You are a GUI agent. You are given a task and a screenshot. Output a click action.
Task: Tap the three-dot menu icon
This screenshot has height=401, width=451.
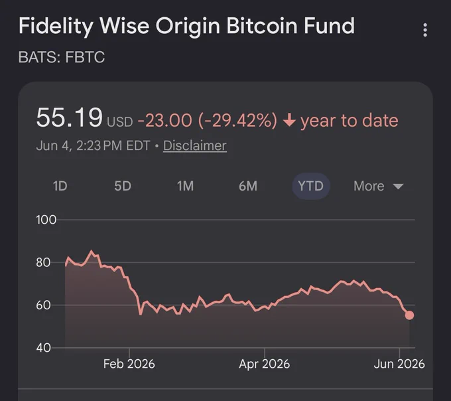(x=425, y=30)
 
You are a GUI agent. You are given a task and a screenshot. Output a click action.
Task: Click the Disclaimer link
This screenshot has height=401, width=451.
(x=195, y=145)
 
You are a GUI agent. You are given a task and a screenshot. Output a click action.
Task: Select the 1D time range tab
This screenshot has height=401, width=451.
(x=60, y=186)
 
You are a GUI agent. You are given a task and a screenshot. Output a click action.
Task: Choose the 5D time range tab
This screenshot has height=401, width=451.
(x=123, y=186)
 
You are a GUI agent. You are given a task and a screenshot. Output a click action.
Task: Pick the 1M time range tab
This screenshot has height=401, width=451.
(x=185, y=186)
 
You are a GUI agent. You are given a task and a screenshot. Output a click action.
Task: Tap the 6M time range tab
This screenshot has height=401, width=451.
(x=248, y=186)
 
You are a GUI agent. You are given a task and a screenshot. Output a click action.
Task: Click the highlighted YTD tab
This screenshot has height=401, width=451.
(x=311, y=186)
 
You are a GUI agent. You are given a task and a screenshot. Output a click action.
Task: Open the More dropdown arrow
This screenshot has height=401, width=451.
(x=398, y=187)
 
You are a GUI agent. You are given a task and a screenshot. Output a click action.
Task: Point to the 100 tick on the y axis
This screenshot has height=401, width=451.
(x=46, y=220)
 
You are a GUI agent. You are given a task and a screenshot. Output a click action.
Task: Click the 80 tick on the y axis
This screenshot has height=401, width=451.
(x=43, y=262)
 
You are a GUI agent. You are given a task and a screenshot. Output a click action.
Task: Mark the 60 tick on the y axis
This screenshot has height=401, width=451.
(x=43, y=305)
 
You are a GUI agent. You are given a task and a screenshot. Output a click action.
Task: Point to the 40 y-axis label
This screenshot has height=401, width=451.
(x=43, y=348)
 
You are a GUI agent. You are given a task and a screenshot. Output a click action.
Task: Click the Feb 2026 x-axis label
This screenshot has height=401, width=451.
(x=129, y=364)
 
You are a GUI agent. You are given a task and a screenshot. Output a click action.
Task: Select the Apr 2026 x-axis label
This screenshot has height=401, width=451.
(x=265, y=364)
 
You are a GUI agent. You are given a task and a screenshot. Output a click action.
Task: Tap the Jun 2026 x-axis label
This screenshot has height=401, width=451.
(x=399, y=364)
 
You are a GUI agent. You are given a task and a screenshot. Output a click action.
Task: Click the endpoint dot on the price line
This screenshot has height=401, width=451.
(x=409, y=315)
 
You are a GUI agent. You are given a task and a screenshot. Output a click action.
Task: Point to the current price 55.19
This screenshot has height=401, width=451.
(x=70, y=117)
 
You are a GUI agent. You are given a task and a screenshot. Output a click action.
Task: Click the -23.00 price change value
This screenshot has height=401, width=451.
(x=164, y=120)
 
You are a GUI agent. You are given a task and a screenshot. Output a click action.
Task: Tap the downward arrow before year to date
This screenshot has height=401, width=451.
(x=289, y=120)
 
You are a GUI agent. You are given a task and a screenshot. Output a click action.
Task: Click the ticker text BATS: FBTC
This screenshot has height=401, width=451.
(x=62, y=57)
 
